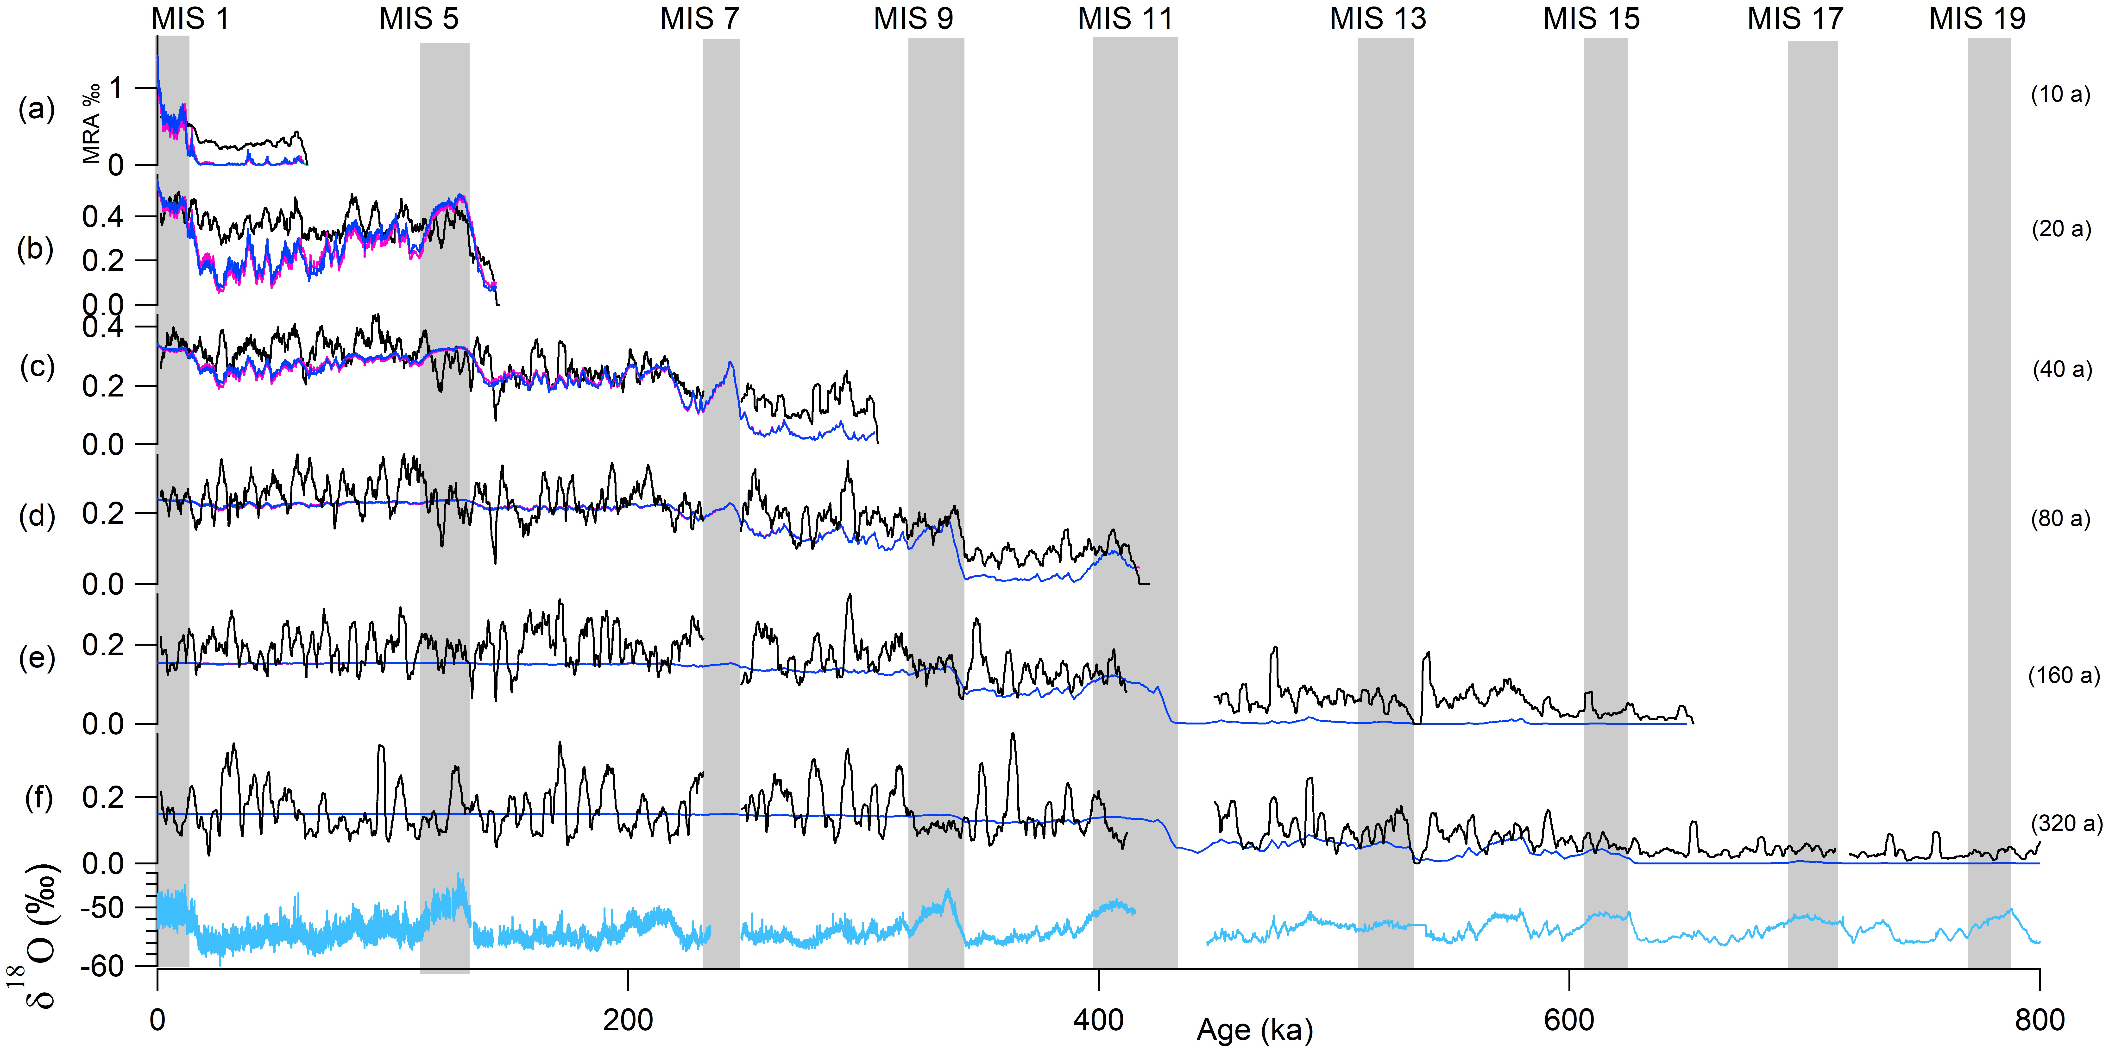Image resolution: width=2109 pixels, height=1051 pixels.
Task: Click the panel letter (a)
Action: tap(37, 109)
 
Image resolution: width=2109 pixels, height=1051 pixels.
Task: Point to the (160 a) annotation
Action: tap(2063, 675)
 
